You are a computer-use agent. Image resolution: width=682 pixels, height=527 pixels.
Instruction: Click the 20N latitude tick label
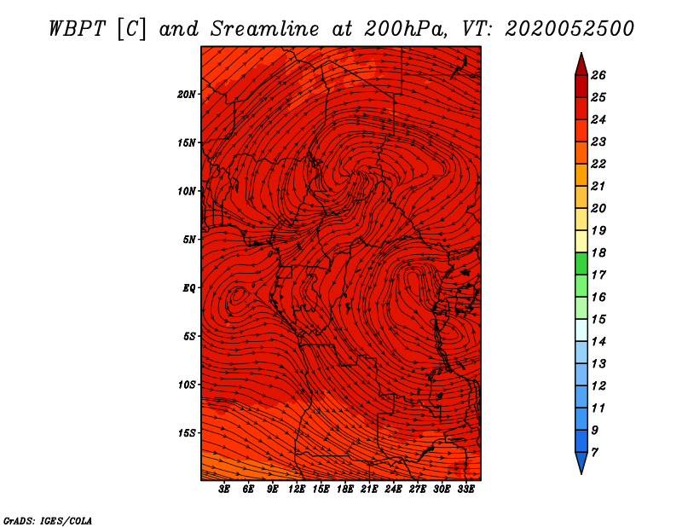(x=186, y=95)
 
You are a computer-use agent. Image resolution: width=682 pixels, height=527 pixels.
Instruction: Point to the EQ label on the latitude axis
(x=188, y=288)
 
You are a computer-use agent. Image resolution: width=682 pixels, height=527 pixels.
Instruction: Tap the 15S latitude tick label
(x=186, y=433)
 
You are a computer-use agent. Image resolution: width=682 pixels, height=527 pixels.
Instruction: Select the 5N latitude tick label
(x=188, y=240)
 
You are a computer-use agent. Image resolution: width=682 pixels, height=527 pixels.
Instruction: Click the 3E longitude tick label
(x=224, y=489)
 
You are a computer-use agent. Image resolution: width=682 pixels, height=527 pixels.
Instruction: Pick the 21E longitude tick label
(x=369, y=489)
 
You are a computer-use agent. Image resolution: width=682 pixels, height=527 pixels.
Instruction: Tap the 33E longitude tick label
(x=465, y=489)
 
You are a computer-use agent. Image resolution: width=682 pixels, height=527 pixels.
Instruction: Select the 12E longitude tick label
(x=297, y=489)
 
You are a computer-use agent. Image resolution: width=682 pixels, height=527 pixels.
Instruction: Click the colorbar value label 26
(x=598, y=75)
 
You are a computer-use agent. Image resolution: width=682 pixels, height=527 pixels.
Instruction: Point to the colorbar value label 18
(x=598, y=252)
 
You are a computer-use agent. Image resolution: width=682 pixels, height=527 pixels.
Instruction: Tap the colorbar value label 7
(x=594, y=453)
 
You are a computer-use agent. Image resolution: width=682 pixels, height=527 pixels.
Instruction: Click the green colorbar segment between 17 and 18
(x=581, y=263)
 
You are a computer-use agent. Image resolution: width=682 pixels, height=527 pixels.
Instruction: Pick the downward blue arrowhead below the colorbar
(x=581, y=462)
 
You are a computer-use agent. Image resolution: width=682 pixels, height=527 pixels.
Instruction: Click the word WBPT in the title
(x=78, y=29)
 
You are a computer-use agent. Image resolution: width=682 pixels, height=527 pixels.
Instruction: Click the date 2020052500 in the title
(x=569, y=29)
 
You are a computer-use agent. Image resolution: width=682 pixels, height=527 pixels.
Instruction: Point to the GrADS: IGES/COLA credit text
(x=48, y=521)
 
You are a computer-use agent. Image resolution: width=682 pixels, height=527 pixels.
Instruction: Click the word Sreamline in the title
(x=265, y=29)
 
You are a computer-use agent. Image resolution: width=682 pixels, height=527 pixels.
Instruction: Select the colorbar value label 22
(x=598, y=164)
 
